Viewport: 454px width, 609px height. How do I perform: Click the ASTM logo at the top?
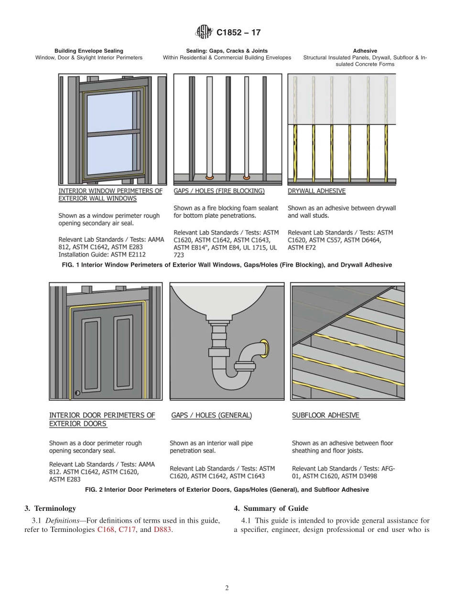tap(205, 33)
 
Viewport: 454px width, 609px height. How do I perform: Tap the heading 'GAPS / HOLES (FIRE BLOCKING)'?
tap(219, 191)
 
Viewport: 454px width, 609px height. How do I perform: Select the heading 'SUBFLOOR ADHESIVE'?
tap(325, 416)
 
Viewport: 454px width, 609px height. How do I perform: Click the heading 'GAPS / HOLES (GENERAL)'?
tap(211, 416)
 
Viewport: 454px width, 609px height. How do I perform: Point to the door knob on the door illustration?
tap(77, 394)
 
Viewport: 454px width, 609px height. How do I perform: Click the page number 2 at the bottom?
tap(227, 588)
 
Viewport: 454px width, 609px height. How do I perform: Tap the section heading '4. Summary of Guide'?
tap(271, 508)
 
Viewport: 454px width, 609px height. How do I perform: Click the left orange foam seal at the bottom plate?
tap(209, 177)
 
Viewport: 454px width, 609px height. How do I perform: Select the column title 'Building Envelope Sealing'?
tap(89, 51)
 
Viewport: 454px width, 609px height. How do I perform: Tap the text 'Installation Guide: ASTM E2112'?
tap(102, 255)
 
